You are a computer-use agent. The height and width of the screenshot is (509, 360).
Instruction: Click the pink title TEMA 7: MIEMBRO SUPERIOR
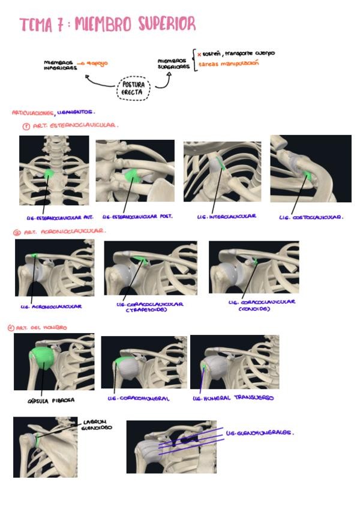click(x=107, y=25)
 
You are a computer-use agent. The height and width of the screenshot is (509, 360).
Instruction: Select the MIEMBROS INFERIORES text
click(x=58, y=65)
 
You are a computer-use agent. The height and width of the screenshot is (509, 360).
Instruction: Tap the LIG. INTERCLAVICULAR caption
click(x=226, y=216)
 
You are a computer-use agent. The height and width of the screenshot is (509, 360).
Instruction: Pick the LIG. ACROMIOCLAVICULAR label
click(x=50, y=306)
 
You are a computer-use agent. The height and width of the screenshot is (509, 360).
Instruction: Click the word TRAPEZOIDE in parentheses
click(x=146, y=310)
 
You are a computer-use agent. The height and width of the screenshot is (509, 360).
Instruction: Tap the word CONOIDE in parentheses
click(x=254, y=309)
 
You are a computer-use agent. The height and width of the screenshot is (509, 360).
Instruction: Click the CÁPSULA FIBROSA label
click(x=47, y=399)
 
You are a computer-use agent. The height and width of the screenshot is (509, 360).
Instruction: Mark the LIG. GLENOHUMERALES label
click(x=260, y=432)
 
